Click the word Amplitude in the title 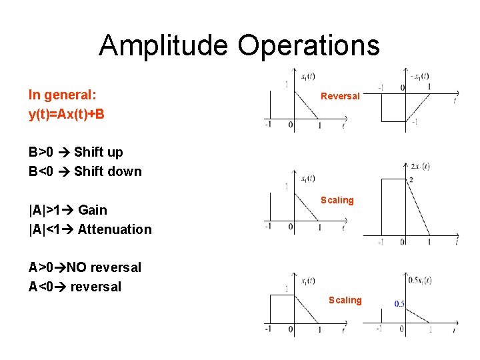(163, 45)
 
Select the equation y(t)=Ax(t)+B (66, 114)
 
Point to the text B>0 (42, 152)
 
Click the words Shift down (108, 171)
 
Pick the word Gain (93, 210)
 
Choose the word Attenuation (115, 229)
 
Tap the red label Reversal (340, 96)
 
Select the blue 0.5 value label (399, 304)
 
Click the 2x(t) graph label (420, 165)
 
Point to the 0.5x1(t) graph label (420, 280)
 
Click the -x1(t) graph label (419, 76)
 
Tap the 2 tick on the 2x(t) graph (411, 179)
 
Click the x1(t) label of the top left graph (308, 76)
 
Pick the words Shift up (99, 152)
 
